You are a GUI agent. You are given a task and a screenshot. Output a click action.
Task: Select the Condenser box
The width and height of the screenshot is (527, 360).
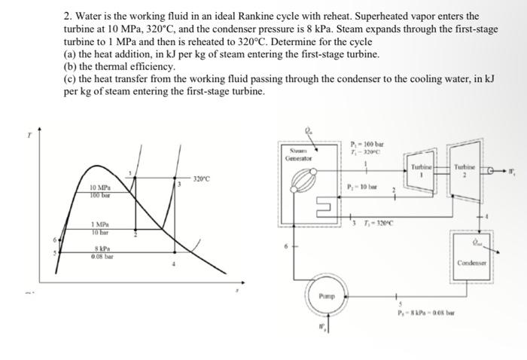point(471,254)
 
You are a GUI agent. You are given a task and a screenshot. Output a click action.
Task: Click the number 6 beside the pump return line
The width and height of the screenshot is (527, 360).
point(285,246)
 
